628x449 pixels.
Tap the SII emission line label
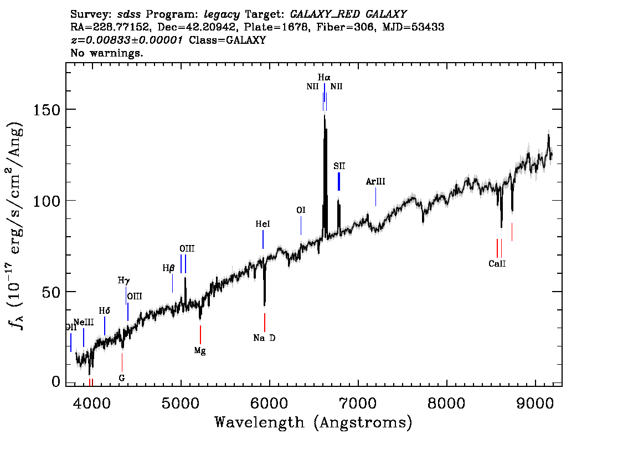click(339, 166)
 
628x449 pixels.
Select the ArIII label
click(375, 181)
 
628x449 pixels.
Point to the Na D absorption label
click(264, 338)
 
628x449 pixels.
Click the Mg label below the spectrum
click(200, 350)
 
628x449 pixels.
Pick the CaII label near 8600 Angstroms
click(497, 264)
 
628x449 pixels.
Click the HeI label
click(262, 224)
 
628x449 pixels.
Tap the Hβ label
click(168, 268)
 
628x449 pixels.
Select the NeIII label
click(84, 322)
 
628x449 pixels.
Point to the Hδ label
click(104, 310)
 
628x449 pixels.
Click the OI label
click(301, 210)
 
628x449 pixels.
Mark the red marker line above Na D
click(265, 322)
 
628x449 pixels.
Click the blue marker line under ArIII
click(375, 197)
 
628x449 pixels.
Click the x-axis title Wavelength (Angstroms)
click(313, 423)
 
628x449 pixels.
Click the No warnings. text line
click(107, 53)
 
